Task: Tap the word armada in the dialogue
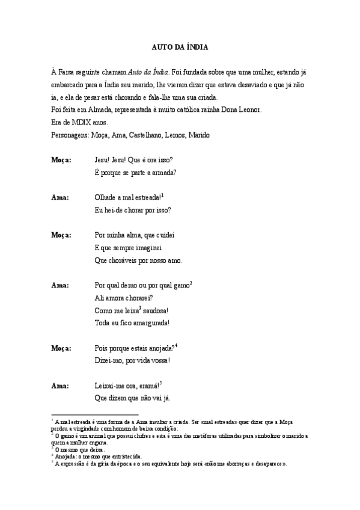coord(163,173)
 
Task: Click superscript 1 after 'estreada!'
coord(162,195)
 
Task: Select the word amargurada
coord(150,322)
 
